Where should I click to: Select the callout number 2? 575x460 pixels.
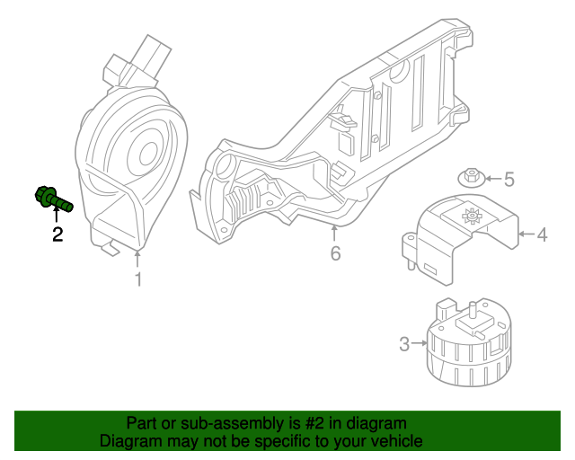click(x=57, y=235)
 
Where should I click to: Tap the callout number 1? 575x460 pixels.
click(x=138, y=280)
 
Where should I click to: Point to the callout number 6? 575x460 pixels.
click(x=335, y=254)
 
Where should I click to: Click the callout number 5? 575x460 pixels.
click(x=509, y=180)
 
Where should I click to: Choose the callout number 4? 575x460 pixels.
click(x=542, y=235)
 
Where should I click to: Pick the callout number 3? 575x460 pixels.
click(x=404, y=343)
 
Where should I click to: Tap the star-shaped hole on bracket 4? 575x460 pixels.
click(x=470, y=217)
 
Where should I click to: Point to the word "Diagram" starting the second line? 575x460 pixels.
click(x=131, y=441)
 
